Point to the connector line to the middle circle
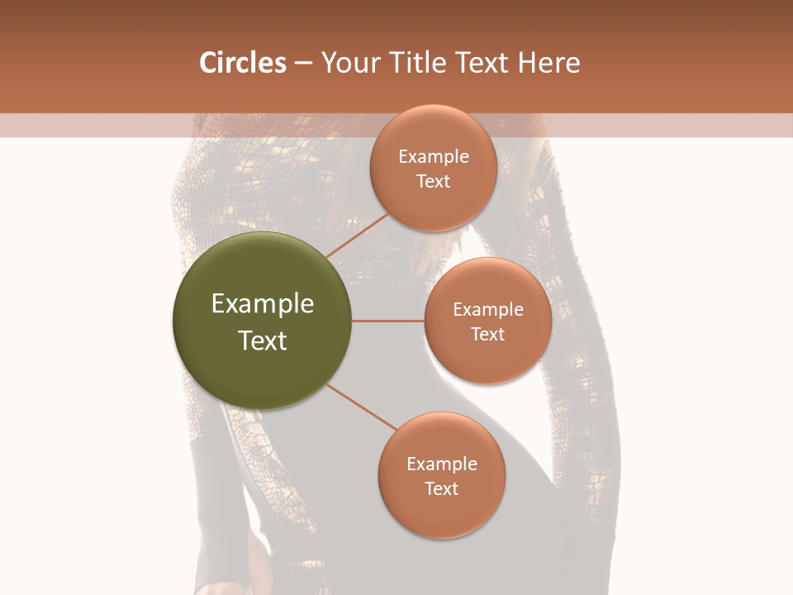pyautogui.click(x=388, y=321)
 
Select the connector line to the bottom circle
pyautogui.click(x=362, y=407)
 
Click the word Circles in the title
pyautogui.click(x=243, y=63)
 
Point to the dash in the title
pyautogui.click(x=303, y=64)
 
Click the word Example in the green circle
pyautogui.click(x=263, y=304)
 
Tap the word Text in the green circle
pyautogui.click(x=263, y=340)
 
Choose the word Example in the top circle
pyautogui.click(x=434, y=157)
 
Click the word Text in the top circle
pyautogui.click(x=434, y=182)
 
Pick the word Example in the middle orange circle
pyautogui.click(x=488, y=310)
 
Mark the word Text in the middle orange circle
pyautogui.click(x=488, y=335)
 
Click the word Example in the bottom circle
pyautogui.click(x=442, y=464)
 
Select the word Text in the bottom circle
pyautogui.click(x=442, y=489)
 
